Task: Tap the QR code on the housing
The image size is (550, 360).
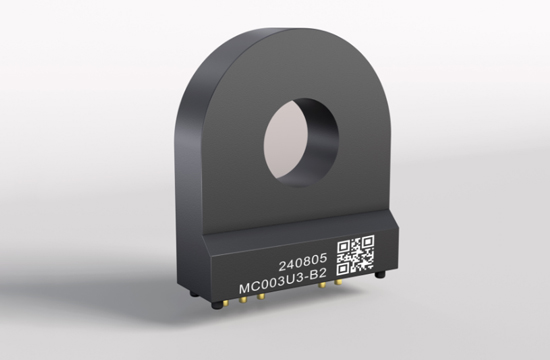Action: [356, 255]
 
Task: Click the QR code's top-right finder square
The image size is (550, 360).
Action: [368, 242]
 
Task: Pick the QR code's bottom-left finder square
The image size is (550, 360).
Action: [343, 269]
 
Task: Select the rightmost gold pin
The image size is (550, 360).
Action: [338, 282]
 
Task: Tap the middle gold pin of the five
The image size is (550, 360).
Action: [261, 297]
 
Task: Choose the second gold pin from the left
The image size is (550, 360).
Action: [242, 300]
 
